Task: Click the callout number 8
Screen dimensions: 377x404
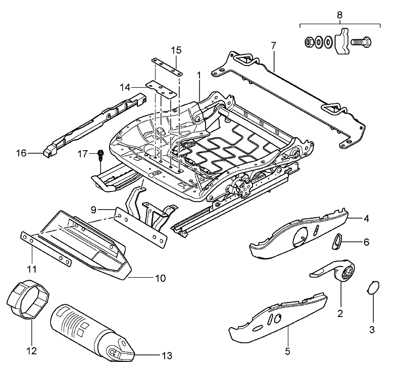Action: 340,15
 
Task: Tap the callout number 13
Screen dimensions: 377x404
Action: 167,356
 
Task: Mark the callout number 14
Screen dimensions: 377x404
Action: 125,87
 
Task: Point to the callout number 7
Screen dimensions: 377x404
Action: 273,46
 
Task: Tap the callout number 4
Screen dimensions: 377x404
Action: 367,219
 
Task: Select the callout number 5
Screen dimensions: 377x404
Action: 287,351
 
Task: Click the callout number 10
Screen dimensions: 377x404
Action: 160,278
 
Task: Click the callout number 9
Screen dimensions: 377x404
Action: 93,209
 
